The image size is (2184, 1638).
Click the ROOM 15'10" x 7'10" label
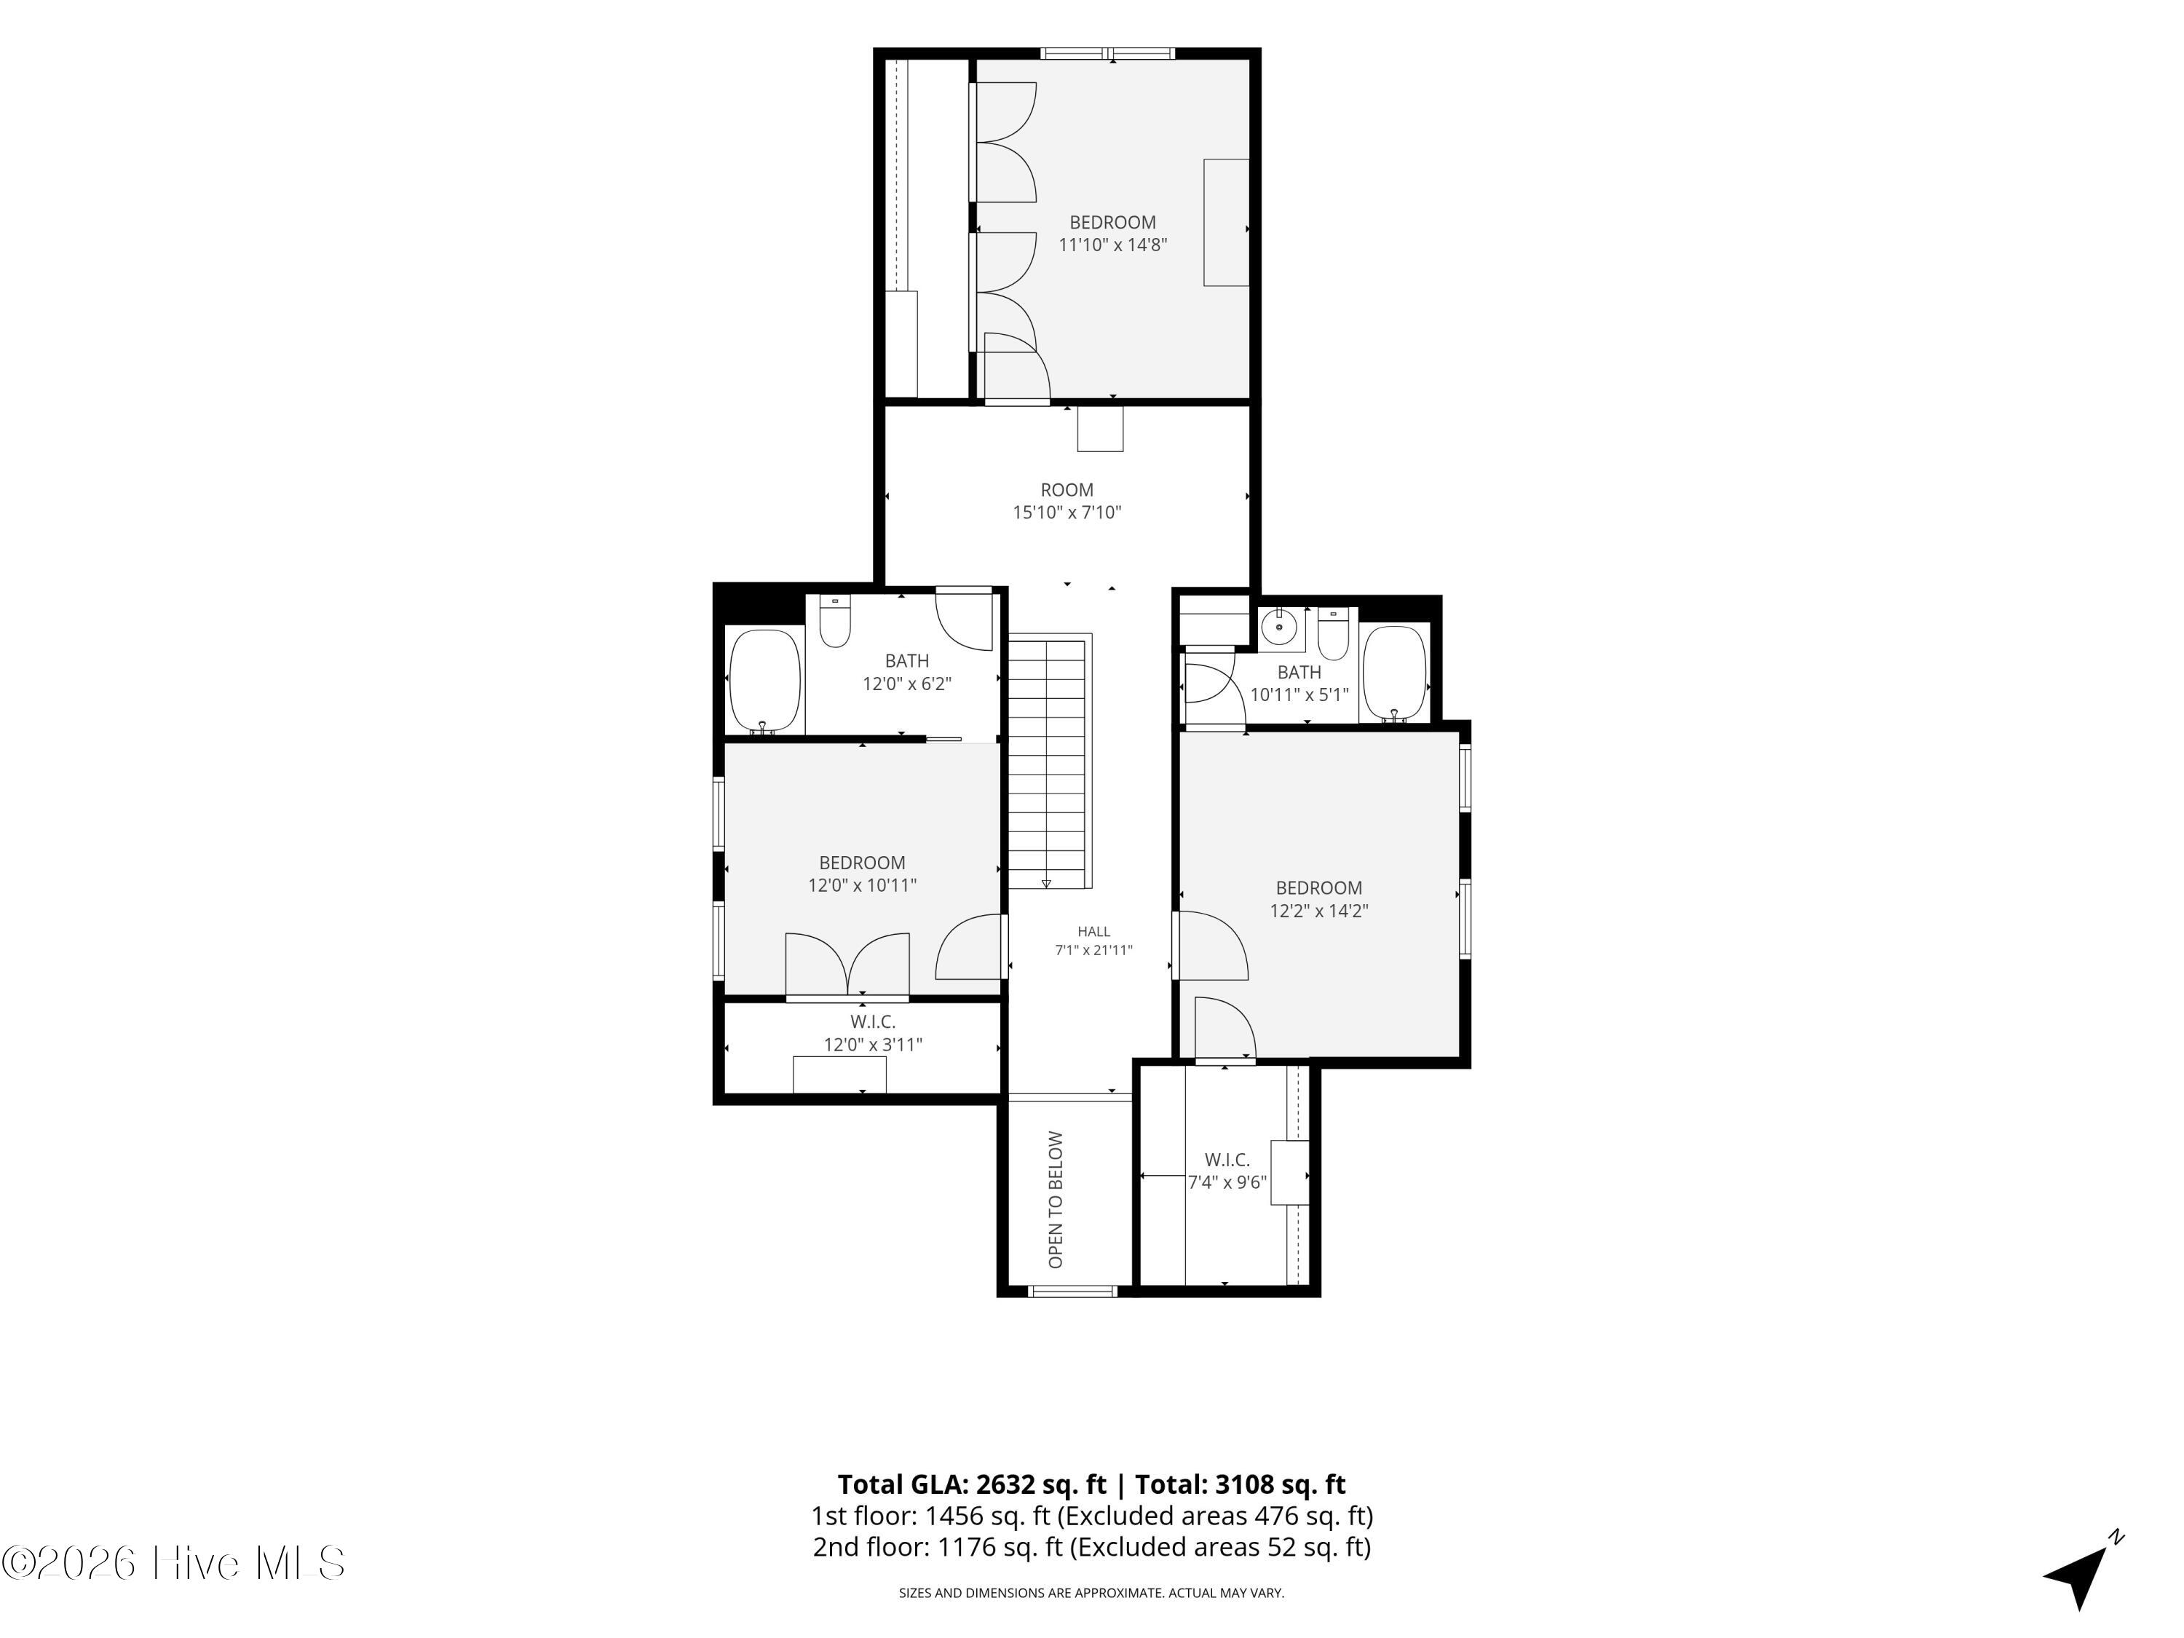point(1067,501)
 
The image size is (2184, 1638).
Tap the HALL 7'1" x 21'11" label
point(1093,940)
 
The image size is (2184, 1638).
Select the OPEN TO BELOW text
point(1056,1200)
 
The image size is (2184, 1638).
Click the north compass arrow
point(2079,1572)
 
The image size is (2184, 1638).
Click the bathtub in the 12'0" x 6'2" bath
point(765,681)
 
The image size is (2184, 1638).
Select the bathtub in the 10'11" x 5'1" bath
point(1394,673)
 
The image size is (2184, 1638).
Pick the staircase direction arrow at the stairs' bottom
point(1045,882)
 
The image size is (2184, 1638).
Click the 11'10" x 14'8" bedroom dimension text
point(1112,245)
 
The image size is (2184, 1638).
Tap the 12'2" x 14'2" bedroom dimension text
point(1319,910)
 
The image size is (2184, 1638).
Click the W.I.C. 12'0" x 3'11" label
point(874,1033)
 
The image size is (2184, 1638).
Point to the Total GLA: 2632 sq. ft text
point(973,1484)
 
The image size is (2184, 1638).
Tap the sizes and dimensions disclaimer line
point(1091,1593)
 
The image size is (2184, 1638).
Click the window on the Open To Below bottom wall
point(1072,1291)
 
